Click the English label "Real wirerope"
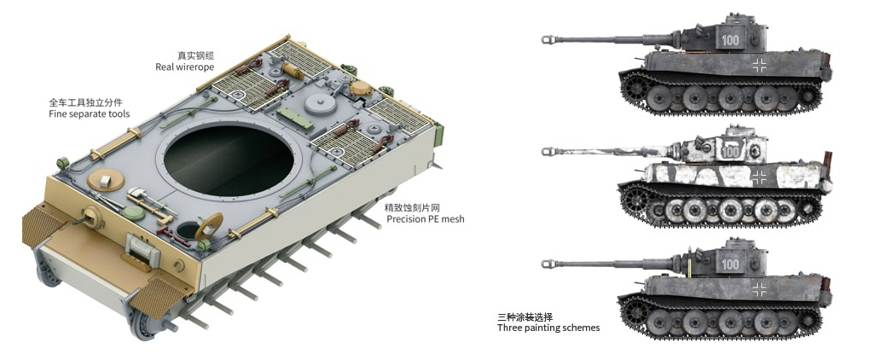pos(185,67)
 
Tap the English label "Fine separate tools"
pos(90,114)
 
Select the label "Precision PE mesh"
pos(426,219)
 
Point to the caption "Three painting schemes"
pos(548,328)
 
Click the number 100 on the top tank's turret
pos(730,40)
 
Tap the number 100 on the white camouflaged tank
pos(731,152)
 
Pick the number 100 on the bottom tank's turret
pos(730,264)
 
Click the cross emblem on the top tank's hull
pos(759,65)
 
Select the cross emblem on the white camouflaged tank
pos(759,176)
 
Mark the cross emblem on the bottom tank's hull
pos(759,290)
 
